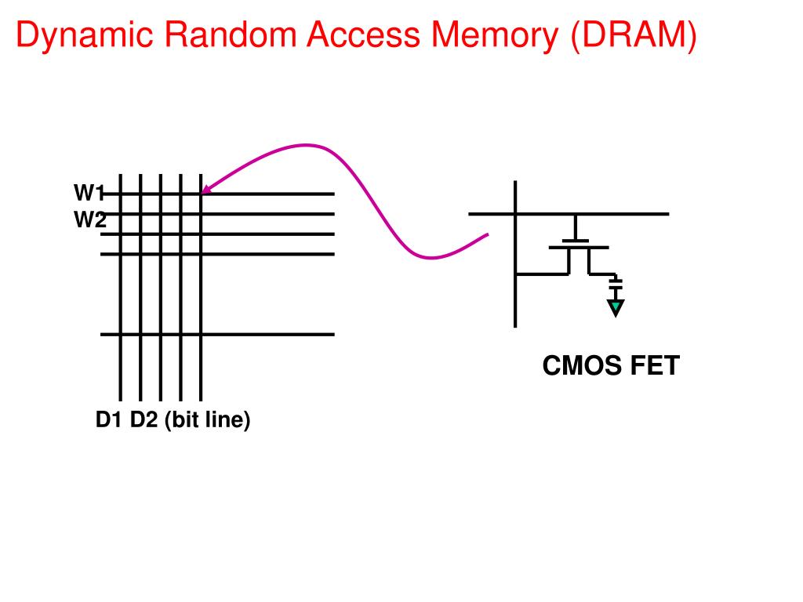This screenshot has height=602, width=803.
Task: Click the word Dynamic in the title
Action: pyautogui.click(x=85, y=34)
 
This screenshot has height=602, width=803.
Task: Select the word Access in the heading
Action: pyautogui.click(x=363, y=34)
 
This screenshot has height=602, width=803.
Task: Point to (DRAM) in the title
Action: pyautogui.click(x=634, y=35)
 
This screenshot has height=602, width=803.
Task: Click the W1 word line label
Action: pyautogui.click(x=89, y=193)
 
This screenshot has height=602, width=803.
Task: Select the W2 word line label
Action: pyautogui.click(x=90, y=219)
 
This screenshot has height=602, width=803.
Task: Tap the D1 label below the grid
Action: pyautogui.click(x=108, y=419)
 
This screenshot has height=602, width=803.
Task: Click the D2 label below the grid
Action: pyautogui.click(x=144, y=419)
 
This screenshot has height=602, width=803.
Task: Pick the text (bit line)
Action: pyautogui.click(x=207, y=420)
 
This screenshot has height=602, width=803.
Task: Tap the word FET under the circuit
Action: pyautogui.click(x=655, y=365)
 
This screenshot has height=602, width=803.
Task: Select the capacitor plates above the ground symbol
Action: pyautogui.click(x=616, y=281)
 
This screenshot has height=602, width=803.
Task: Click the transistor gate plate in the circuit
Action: pyautogui.click(x=579, y=247)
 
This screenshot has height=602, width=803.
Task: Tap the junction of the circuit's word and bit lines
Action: pyautogui.click(x=515, y=214)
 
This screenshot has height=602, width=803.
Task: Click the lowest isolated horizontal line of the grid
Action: pyautogui.click(x=217, y=334)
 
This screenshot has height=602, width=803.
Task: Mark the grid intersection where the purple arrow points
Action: pyautogui.click(x=201, y=194)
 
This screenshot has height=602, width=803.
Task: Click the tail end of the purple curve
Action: pyautogui.click(x=487, y=234)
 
